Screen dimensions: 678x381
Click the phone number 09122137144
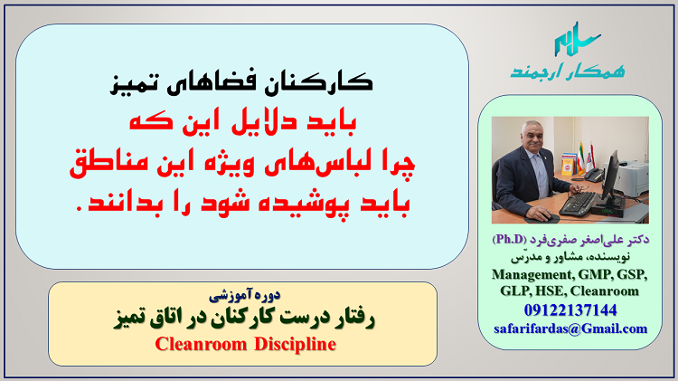tap(570, 310)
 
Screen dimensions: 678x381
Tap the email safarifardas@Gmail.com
tap(570, 329)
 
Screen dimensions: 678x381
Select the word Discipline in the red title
tap(295, 344)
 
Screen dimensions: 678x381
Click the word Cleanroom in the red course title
tap(201, 344)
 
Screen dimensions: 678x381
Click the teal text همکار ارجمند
tap(568, 71)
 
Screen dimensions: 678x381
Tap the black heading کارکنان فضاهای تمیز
tap(241, 81)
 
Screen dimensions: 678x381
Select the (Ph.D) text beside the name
tap(509, 239)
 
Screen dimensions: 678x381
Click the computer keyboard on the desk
tap(579, 203)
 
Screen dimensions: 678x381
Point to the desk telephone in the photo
tap(592, 175)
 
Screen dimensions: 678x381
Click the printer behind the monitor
tap(631, 177)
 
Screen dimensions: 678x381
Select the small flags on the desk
tap(586, 158)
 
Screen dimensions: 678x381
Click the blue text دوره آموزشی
tap(245, 295)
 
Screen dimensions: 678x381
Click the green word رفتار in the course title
tap(353, 319)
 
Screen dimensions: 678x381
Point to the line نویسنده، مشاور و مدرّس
tap(570, 257)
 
